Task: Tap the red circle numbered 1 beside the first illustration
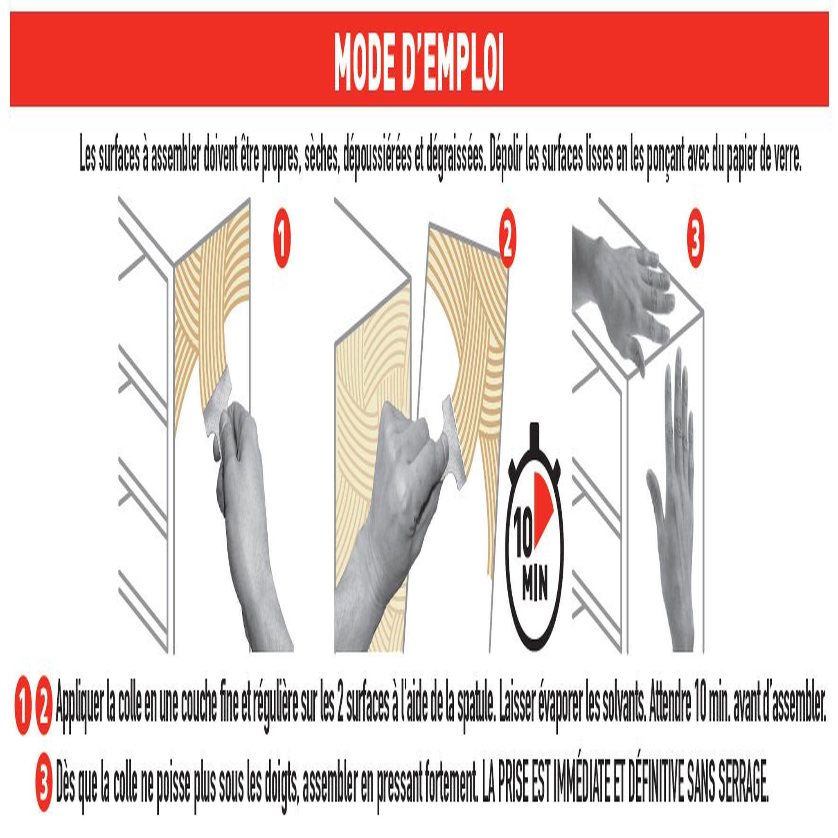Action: [282, 238]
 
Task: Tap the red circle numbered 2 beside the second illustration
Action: [507, 238]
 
